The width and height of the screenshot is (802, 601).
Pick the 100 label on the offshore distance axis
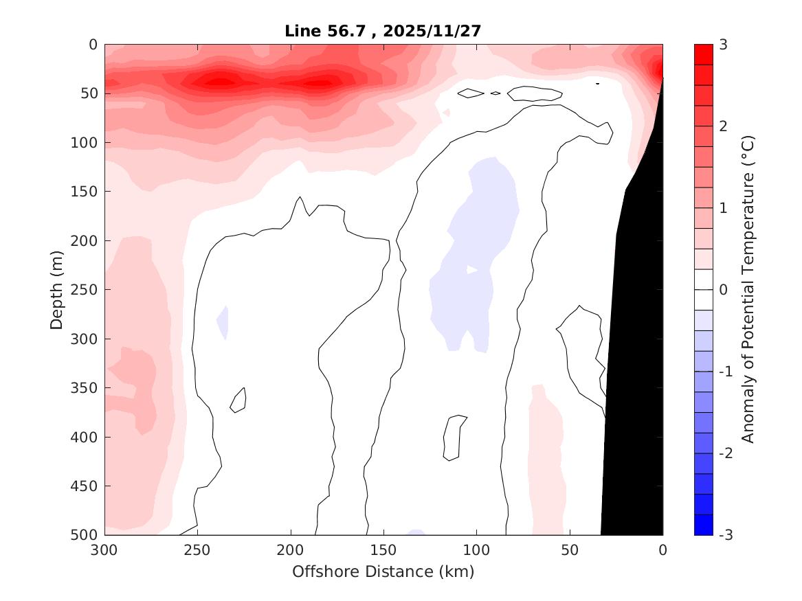click(x=477, y=550)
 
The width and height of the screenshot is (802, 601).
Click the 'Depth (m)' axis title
click(x=57, y=289)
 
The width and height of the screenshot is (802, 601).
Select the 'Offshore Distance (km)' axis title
click(x=383, y=571)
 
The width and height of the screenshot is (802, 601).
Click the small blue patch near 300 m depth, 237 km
click(x=223, y=321)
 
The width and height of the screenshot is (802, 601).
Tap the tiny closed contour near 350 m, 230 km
click(x=238, y=400)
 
